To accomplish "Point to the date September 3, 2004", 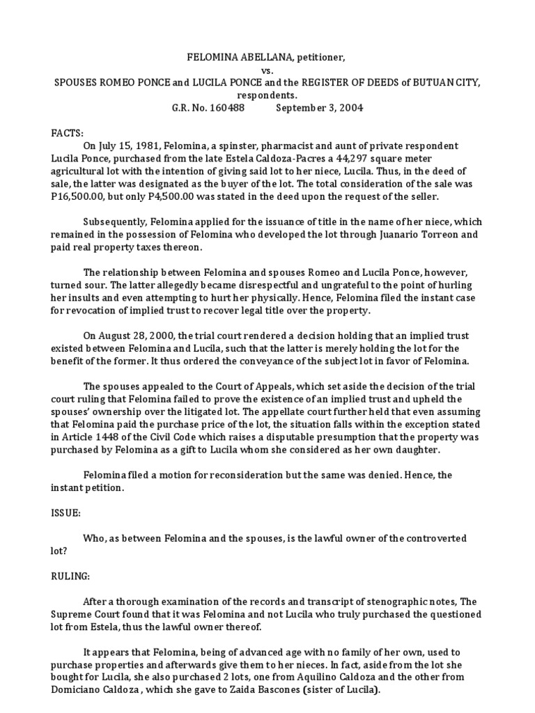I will (319, 108).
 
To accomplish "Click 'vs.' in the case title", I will (267, 70).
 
